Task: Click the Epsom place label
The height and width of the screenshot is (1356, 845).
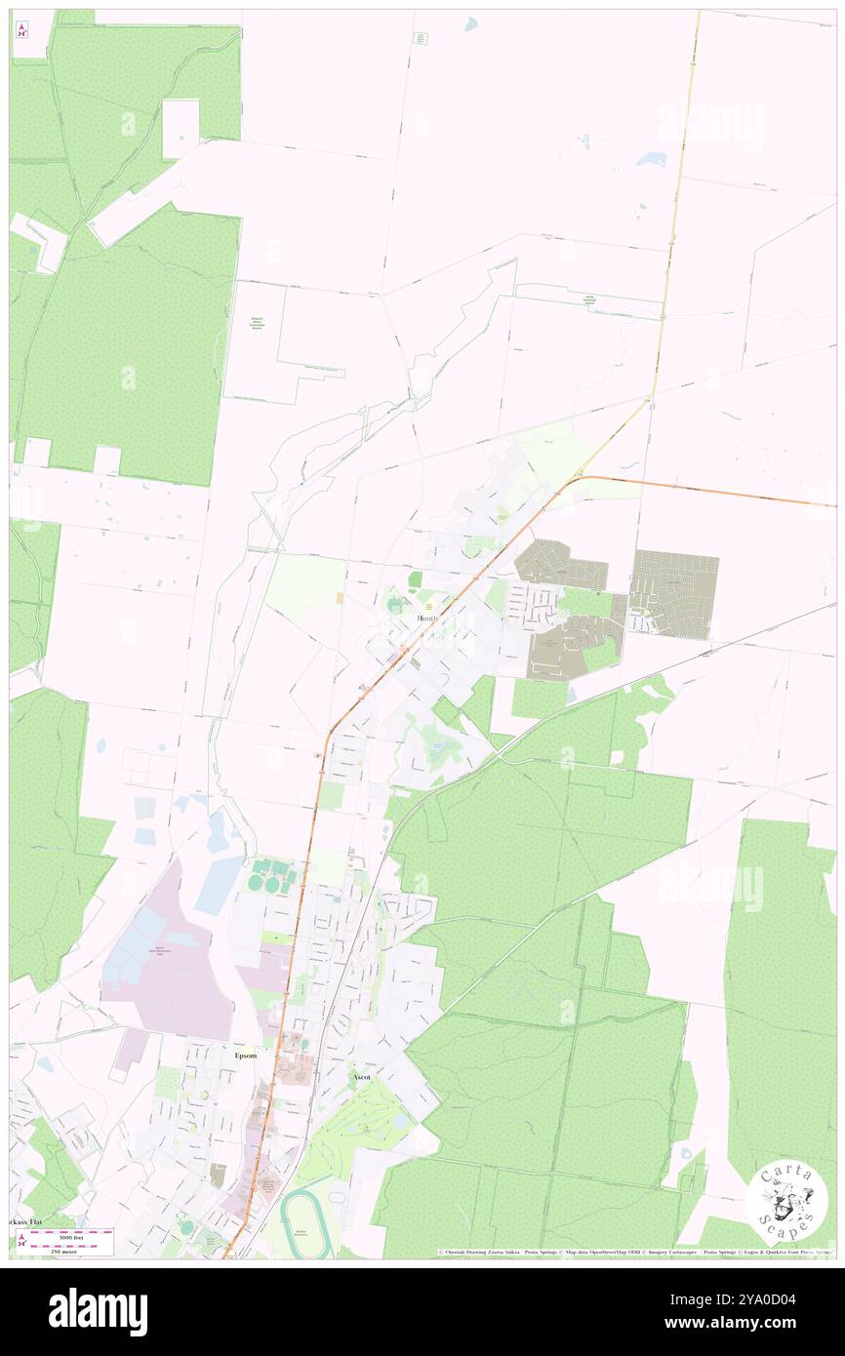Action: pyautogui.click(x=246, y=1056)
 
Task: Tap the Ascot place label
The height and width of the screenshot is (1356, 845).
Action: pyautogui.click(x=360, y=1077)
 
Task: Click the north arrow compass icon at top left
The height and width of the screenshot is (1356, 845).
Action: pyautogui.click(x=21, y=29)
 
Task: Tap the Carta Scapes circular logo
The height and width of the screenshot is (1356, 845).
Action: pyautogui.click(x=787, y=1202)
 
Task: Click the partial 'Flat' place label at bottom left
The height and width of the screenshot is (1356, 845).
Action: pyautogui.click(x=26, y=1221)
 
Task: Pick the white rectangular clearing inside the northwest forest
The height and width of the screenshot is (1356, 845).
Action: pyautogui.click(x=181, y=128)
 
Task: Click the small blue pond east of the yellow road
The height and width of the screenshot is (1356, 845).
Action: pyautogui.click(x=650, y=158)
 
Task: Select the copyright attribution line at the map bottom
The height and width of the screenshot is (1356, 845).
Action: pyautogui.click(x=634, y=1252)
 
